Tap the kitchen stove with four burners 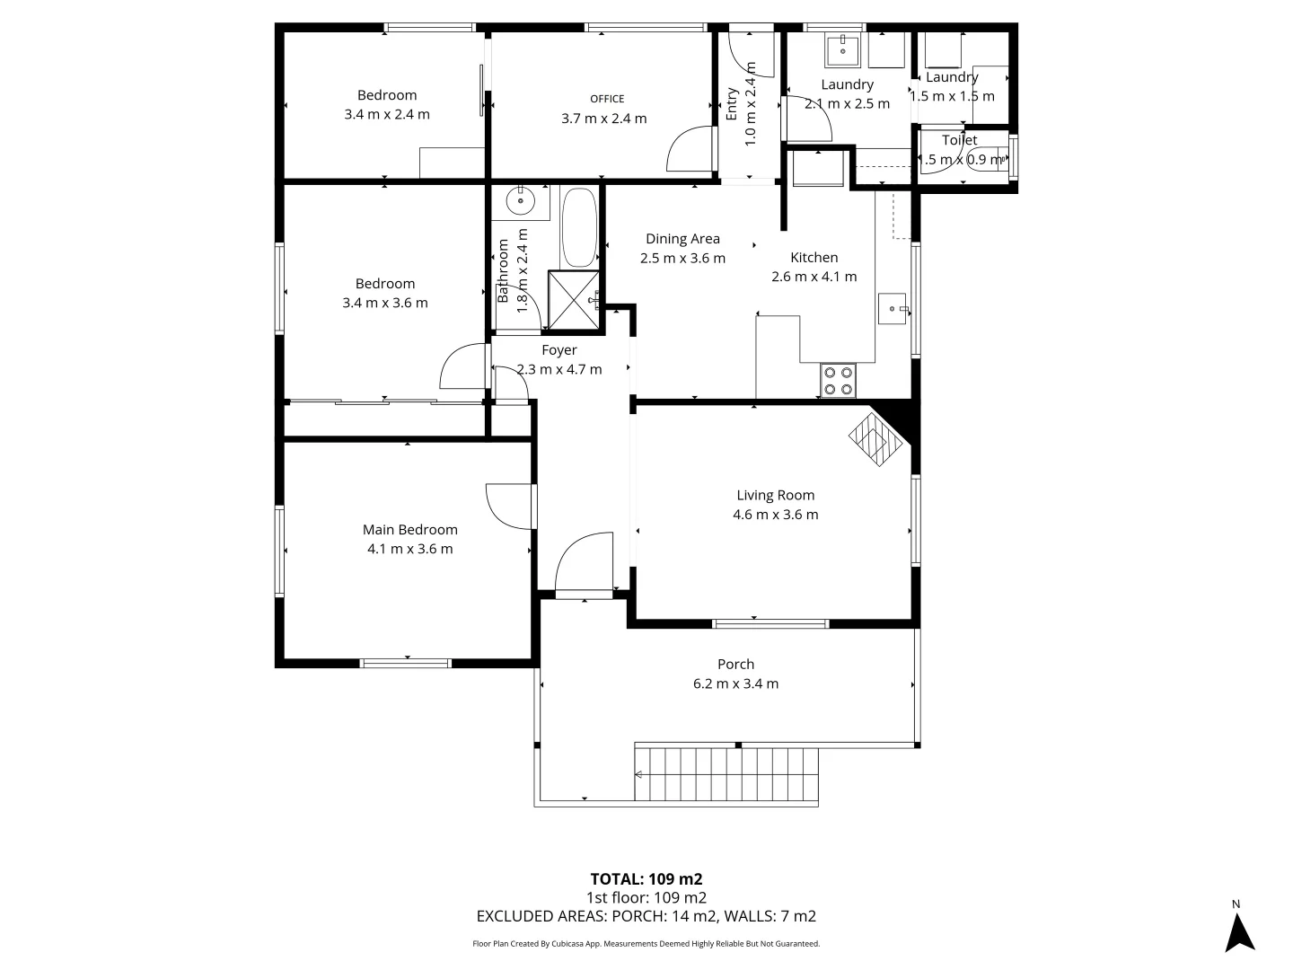click(839, 381)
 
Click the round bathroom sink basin click(520, 201)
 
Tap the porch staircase click(727, 774)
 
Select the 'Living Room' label click(775, 495)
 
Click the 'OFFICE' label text click(607, 99)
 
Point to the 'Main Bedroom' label click(409, 530)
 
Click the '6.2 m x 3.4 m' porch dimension click(735, 683)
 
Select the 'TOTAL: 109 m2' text click(646, 879)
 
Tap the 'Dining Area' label click(682, 239)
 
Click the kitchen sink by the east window click(893, 308)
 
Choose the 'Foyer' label click(559, 350)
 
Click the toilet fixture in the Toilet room click(988, 159)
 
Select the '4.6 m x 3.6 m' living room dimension click(775, 515)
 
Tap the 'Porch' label click(735, 665)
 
